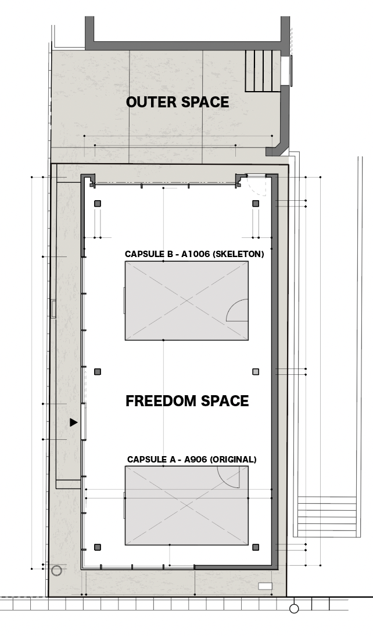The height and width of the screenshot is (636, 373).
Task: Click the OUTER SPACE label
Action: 178,102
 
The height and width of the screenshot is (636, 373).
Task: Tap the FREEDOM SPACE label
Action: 187,401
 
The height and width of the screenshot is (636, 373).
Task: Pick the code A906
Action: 195,460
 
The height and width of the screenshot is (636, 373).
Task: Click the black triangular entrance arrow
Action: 73,422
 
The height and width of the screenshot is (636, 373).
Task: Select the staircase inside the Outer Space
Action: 263,71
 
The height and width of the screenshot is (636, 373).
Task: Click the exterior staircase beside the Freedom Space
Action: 327,516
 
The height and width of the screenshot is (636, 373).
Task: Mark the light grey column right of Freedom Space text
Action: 256,371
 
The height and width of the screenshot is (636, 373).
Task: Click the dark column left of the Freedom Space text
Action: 98,371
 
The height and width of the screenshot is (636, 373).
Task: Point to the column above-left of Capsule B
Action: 98,204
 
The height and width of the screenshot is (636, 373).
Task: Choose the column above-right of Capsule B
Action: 256,204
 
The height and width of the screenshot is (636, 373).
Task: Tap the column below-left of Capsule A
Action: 98,547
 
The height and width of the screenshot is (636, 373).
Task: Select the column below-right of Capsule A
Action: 256,547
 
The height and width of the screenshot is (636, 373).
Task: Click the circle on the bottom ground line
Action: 294,608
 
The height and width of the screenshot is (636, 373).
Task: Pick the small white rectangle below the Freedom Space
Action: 266,586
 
